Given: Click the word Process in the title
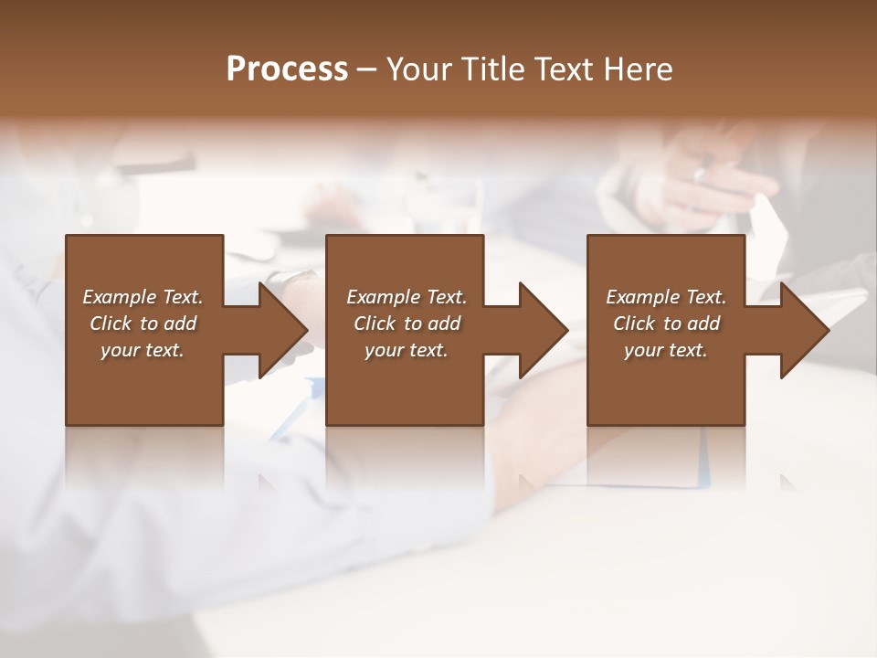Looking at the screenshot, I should [287, 69].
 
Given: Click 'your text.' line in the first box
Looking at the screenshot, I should [142, 350].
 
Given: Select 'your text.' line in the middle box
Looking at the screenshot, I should [406, 350].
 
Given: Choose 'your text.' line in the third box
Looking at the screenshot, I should [665, 350].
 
